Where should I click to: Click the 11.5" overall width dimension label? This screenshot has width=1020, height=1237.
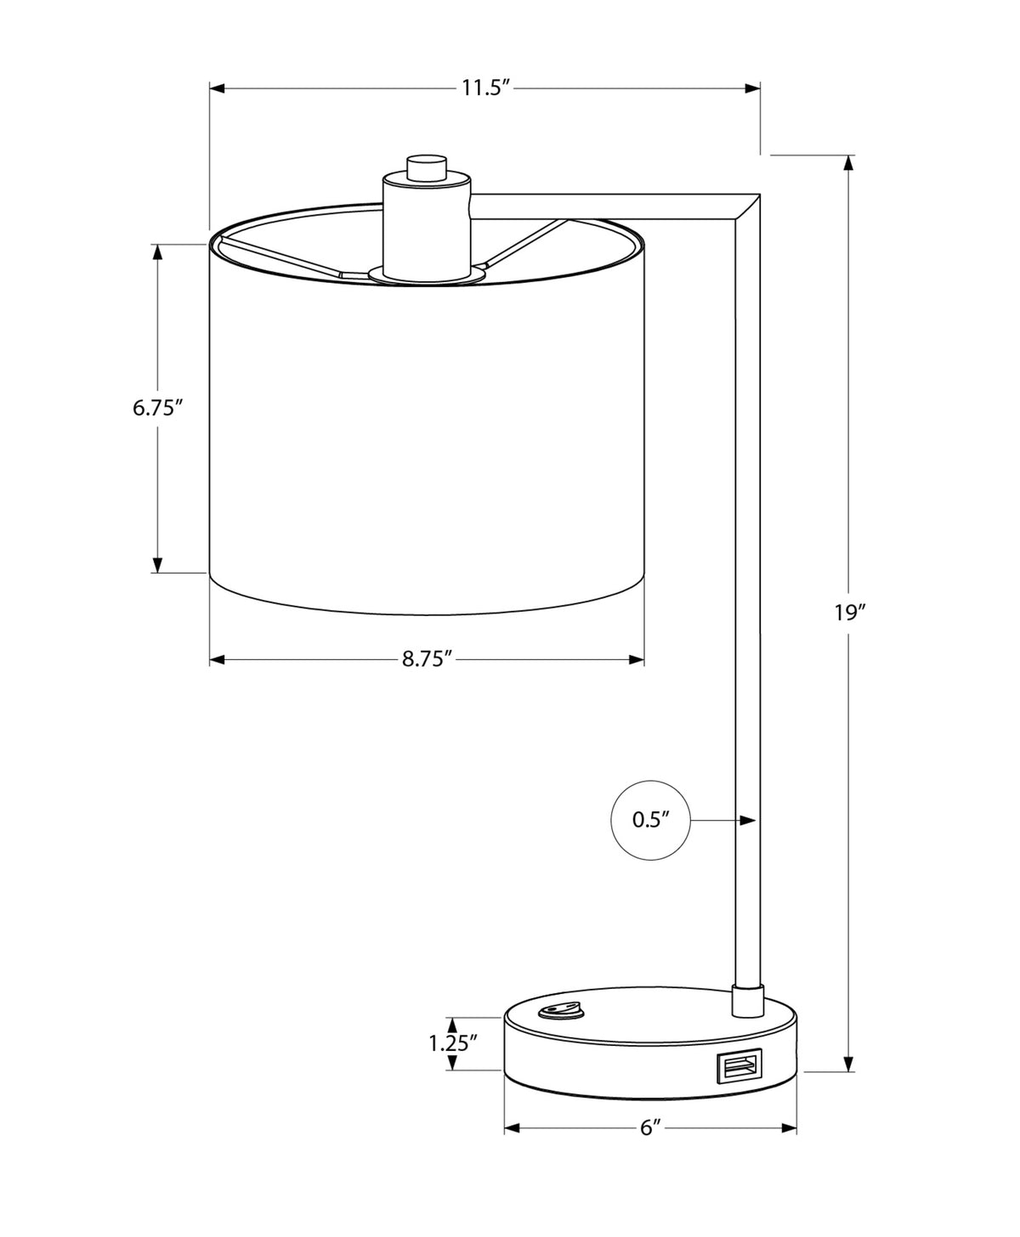pyautogui.click(x=485, y=88)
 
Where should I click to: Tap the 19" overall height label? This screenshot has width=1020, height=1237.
pyautogui.click(x=851, y=613)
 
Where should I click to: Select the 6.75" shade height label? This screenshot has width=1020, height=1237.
pyautogui.click(x=156, y=408)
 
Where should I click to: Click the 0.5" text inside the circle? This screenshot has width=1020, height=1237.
pyautogui.click(x=650, y=820)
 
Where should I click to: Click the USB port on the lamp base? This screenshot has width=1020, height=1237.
pyautogui.click(x=739, y=1065)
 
